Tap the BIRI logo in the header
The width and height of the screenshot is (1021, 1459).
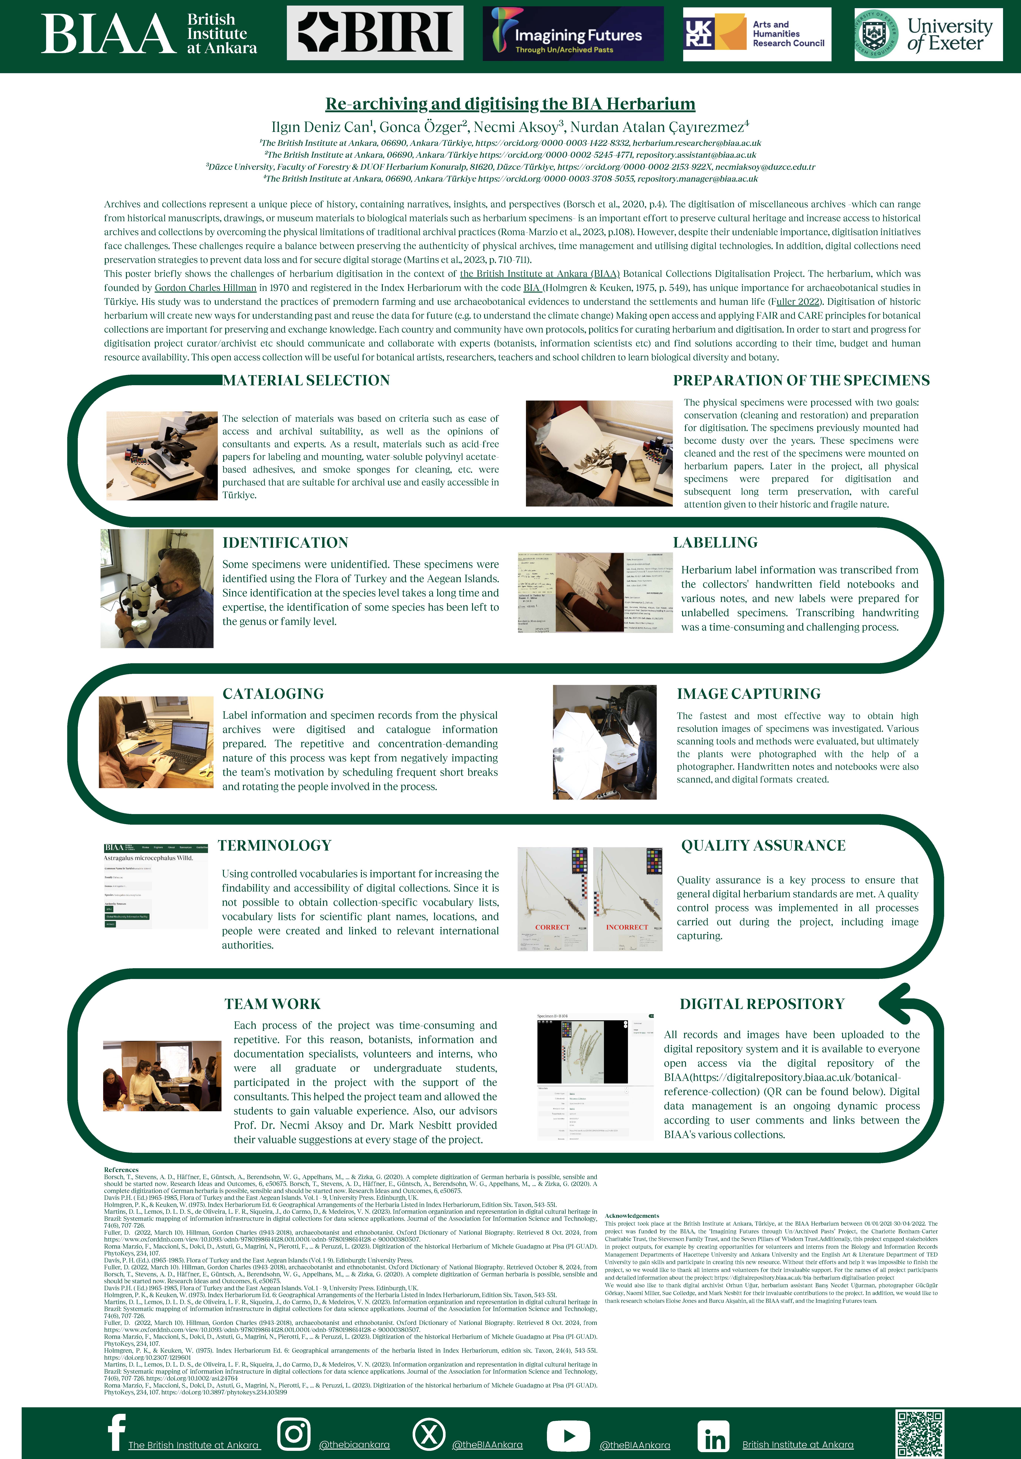[375, 33]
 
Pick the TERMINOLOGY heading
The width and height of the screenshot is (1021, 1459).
[274, 845]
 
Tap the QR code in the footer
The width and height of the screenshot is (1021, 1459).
[919, 1434]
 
